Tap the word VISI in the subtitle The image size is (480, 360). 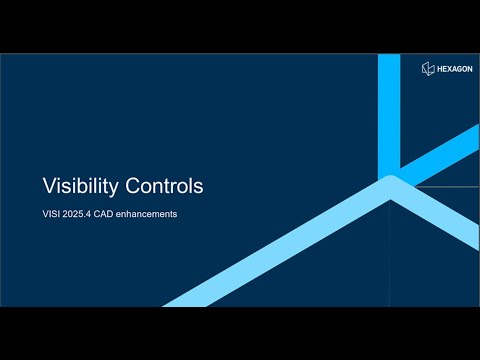[x=51, y=213]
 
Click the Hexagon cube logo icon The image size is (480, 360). [x=426, y=67]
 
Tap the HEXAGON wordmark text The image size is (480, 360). [x=451, y=67]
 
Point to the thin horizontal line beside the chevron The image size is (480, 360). [x=445, y=186]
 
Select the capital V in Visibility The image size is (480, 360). [x=48, y=186]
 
